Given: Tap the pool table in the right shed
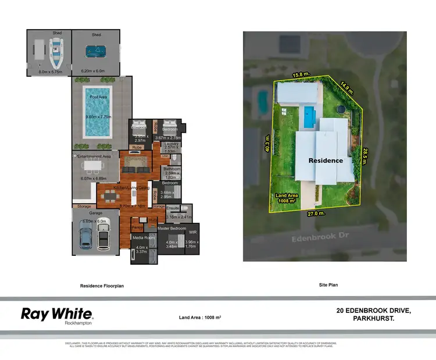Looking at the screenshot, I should [95, 51].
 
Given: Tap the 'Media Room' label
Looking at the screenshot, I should [143, 238].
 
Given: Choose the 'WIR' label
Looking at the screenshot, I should [192, 233].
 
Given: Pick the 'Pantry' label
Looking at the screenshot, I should [137, 227].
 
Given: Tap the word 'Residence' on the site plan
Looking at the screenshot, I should [326, 160].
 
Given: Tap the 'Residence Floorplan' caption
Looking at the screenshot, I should [103, 286].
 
